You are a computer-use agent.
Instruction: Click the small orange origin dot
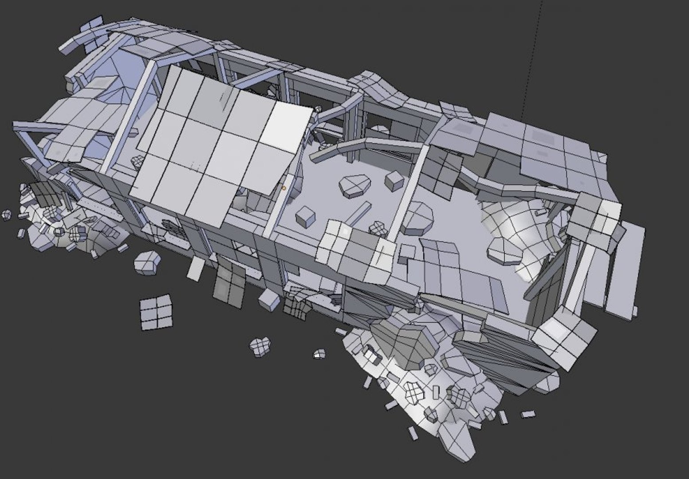[x=284, y=188]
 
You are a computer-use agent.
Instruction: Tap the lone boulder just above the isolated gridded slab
[x=147, y=262]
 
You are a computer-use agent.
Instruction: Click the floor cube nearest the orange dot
[x=305, y=216]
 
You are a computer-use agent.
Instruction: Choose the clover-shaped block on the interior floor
[x=378, y=228]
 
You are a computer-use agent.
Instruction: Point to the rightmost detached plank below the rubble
[x=528, y=414]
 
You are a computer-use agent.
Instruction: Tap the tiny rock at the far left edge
[x=7, y=215]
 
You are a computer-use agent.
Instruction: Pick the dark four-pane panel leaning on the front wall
[x=229, y=284]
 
